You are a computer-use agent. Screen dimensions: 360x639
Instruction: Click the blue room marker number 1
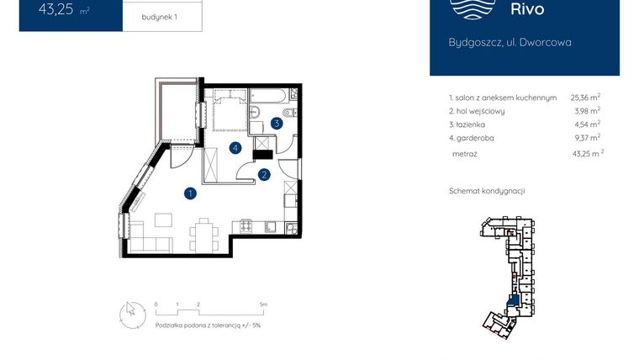191,193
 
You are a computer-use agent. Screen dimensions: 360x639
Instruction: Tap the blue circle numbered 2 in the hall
264,175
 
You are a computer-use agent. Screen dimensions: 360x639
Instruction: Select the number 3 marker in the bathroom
276,123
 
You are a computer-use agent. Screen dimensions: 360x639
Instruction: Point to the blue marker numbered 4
236,148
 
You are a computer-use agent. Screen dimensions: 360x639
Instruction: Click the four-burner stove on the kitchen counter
247,225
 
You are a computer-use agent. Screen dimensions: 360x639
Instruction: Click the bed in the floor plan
229,113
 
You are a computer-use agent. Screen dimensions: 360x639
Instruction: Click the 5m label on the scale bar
264,303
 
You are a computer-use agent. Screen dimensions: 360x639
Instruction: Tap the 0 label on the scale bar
156,303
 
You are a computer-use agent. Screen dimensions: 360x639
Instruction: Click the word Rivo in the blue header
527,10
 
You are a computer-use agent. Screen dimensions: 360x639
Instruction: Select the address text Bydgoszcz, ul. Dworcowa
510,42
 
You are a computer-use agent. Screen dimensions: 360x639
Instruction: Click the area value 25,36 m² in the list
585,98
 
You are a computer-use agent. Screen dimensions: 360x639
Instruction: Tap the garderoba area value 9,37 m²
585,137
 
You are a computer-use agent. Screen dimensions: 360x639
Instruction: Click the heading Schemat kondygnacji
487,191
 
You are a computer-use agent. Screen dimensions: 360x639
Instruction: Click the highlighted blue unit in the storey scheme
510,301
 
